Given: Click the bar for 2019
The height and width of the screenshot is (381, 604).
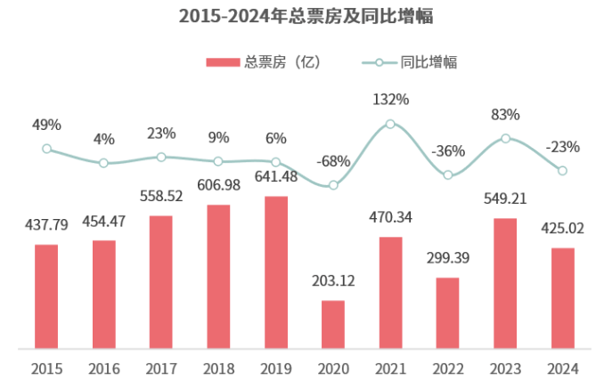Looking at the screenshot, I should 276,272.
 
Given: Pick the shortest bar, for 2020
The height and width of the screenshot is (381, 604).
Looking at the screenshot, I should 333,324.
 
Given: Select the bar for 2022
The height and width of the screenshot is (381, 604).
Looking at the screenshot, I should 447,312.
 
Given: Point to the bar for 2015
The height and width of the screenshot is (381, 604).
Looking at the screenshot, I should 46,296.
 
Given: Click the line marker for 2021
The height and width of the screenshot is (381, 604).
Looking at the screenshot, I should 390,125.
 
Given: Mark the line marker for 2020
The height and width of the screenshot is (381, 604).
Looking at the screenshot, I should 333,185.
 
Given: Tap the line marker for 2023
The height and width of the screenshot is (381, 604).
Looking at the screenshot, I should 505,138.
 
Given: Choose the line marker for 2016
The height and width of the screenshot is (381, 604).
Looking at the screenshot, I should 103,163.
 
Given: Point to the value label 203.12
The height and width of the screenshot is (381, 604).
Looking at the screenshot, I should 333,281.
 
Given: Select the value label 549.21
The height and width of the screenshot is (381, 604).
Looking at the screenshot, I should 505,200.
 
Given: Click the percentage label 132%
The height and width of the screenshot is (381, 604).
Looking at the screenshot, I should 390,99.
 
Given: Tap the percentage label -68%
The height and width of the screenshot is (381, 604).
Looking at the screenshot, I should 333,161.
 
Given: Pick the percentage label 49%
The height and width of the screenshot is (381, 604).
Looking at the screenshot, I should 46,125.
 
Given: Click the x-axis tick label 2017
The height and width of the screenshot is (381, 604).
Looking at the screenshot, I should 161,368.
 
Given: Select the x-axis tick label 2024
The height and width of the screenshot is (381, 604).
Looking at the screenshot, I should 562,368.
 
